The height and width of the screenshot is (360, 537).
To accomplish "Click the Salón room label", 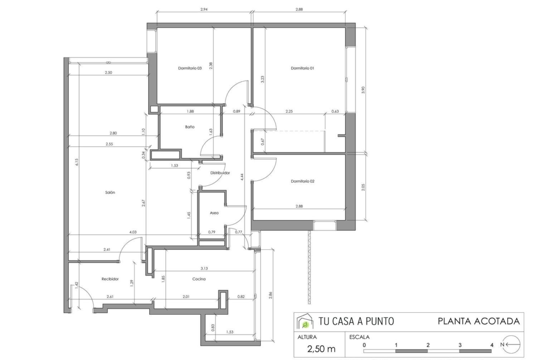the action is (x=110, y=192).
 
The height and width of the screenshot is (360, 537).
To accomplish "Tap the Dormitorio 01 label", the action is (x=302, y=68).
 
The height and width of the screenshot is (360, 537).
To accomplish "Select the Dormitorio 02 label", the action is (x=302, y=181).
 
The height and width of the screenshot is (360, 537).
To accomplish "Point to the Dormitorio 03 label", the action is (x=190, y=68).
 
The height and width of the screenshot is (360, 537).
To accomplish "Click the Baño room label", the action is (x=190, y=127).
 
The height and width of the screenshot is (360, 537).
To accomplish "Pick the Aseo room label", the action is (x=214, y=213).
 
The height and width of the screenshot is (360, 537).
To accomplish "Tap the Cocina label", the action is (x=199, y=279).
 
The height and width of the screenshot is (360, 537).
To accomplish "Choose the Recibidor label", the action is (x=110, y=279).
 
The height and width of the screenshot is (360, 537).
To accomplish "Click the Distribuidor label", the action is (x=220, y=173).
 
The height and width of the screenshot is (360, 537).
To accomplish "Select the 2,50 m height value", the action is (x=321, y=349).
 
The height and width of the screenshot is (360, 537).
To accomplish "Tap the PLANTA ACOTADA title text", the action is (x=479, y=321).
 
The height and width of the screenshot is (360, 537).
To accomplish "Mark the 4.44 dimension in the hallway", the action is (x=242, y=177).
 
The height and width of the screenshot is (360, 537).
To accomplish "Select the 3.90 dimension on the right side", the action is (x=364, y=90).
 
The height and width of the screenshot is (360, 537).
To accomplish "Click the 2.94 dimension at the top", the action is (x=204, y=10).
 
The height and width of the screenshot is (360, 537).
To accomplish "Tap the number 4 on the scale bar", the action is (x=492, y=345).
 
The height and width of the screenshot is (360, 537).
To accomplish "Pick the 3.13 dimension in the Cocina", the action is (x=204, y=268).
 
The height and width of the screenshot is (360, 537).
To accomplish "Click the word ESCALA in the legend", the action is (x=359, y=337).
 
